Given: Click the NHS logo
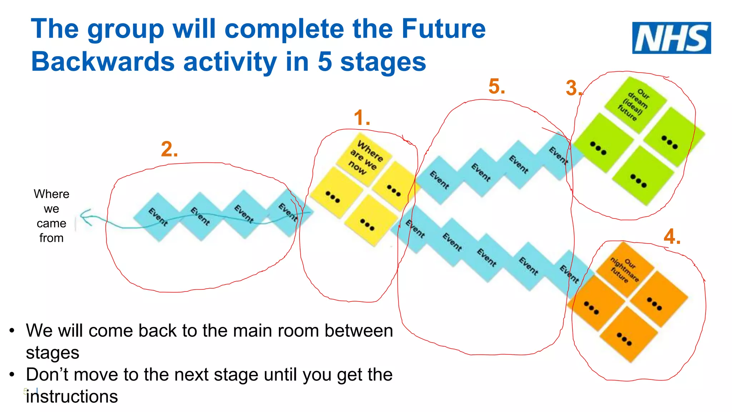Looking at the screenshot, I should pyautogui.click(x=671, y=38).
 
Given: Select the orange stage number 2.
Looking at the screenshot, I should pyautogui.click(x=169, y=149).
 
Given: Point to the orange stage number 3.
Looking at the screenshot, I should pyautogui.click(x=573, y=88).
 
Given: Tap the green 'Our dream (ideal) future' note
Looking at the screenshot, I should pyautogui.click(x=635, y=104).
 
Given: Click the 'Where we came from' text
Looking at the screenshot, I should pyautogui.click(x=51, y=216).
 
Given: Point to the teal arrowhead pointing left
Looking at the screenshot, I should pyautogui.click(x=85, y=217).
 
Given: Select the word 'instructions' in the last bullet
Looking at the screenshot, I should pyautogui.click(x=71, y=397).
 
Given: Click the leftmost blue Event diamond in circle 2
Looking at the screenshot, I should pyautogui.click(x=158, y=217).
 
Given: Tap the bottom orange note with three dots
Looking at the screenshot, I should pyautogui.click(x=628, y=335).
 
